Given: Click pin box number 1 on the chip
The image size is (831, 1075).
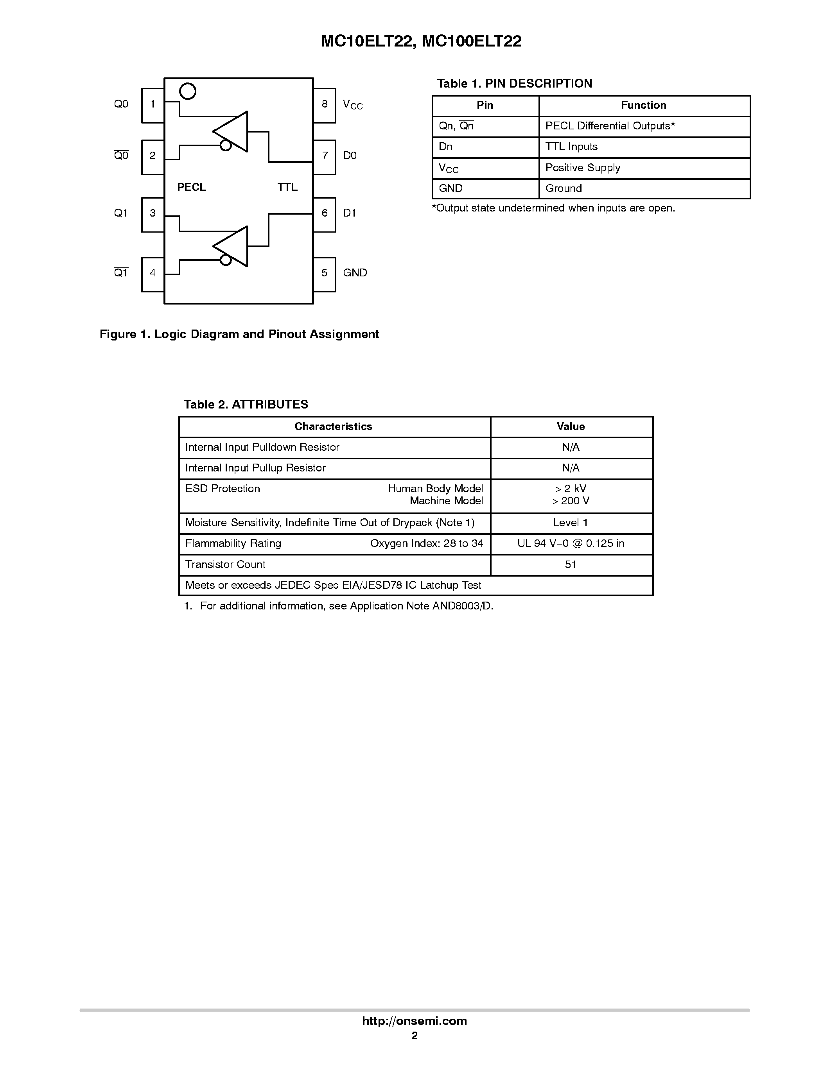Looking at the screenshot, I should (153, 105).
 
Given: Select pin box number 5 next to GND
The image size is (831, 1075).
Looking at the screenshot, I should (325, 274).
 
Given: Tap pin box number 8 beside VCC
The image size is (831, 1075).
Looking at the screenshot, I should (325, 105).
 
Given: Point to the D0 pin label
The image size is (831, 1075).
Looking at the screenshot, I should (350, 156).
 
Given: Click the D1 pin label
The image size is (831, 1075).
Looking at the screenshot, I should (349, 213).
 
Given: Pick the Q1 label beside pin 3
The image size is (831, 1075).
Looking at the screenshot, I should (120, 213).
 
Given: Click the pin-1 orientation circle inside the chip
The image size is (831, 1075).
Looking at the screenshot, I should (188, 91).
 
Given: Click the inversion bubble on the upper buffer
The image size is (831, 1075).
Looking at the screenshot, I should (226, 145).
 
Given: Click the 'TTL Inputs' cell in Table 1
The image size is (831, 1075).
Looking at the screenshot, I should (571, 147).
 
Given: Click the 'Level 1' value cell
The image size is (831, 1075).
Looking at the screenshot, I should (571, 523).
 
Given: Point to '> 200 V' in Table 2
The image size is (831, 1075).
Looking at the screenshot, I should (571, 502).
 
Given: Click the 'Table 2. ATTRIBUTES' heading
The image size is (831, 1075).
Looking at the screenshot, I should (246, 405).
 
